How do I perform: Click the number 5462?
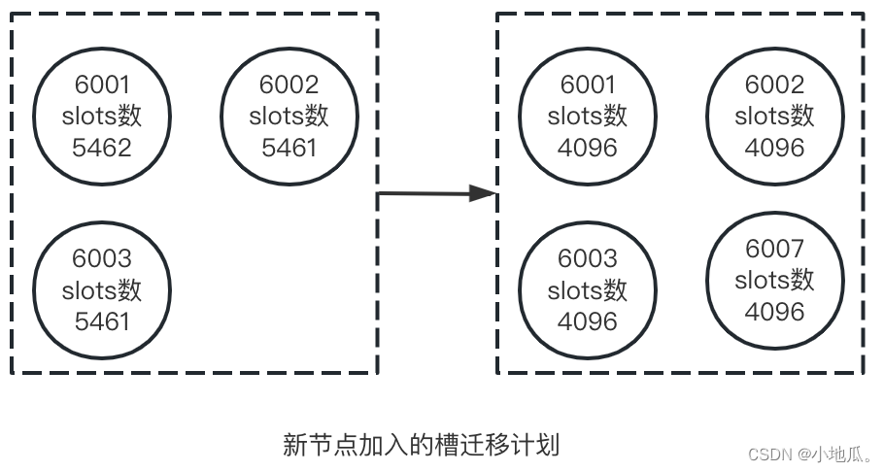pyautogui.click(x=102, y=148)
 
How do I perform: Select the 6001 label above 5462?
pyautogui.click(x=102, y=84)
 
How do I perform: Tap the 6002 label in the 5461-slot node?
pyautogui.click(x=289, y=84)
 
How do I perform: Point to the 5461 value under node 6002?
pyautogui.click(x=289, y=148)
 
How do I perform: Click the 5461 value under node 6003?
pyautogui.click(x=102, y=320)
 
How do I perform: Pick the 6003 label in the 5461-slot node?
pyautogui.click(x=102, y=258)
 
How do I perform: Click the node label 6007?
pyautogui.click(x=774, y=249)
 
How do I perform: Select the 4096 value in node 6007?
pyautogui.click(x=774, y=312)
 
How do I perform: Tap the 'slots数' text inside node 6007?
pyautogui.click(x=774, y=281)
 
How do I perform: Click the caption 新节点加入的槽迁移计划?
pyautogui.click(x=421, y=445)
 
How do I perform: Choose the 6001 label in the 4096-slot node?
pyautogui.click(x=588, y=84)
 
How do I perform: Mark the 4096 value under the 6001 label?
pyautogui.click(x=588, y=148)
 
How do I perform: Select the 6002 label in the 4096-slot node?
pyautogui.click(x=774, y=84)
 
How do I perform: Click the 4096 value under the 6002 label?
pyautogui.click(x=774, y=148)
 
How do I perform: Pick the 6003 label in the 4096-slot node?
pyautogui.click(x=588, y=258)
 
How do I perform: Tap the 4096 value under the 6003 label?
pyautogui.click(x=588, y=320)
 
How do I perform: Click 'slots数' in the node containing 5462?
pyautogui.click(x=102, y=117)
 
